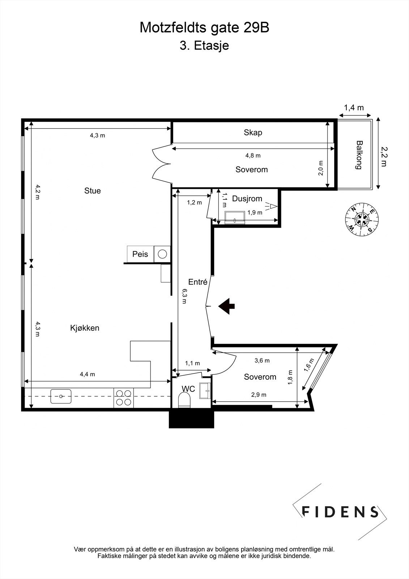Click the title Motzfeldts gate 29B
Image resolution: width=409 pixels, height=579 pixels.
pos(204,28)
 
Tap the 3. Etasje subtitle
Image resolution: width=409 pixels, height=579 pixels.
pos(204,46)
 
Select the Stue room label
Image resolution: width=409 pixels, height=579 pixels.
pos(93,191)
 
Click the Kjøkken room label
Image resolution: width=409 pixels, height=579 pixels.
pos(85,328)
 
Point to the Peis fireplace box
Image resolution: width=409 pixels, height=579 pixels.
pos(140,254)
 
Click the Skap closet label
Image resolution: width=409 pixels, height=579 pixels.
pos(253,132)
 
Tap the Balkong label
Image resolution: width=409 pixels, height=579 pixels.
pos(359,155)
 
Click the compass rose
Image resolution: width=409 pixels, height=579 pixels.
pos(362,219)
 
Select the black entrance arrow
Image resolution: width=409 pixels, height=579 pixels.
pos(227,306)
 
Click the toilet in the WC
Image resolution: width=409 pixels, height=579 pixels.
pos(184,401)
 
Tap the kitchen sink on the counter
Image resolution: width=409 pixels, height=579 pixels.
pos(61,396)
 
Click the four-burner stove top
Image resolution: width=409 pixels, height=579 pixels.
pos(124,398)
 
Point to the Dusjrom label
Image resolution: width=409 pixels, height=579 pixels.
pos(247,199)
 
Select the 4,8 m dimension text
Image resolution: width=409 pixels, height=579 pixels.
pos(253,156)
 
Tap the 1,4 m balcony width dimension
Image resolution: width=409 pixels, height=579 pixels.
pos(354,107)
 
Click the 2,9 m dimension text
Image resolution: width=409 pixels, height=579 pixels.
pos(259,395)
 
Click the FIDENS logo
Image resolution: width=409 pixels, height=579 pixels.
pos(340,511)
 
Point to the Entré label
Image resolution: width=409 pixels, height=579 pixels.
pos(197,282)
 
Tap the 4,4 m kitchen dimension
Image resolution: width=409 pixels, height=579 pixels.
pos(88,374)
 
